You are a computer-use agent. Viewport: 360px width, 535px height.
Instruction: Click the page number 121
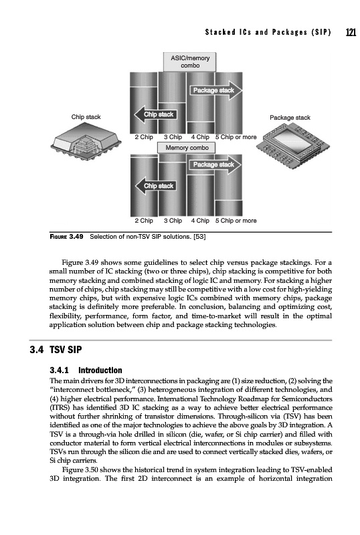pos(351,32)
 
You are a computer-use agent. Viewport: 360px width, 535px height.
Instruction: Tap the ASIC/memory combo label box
pos(189,62)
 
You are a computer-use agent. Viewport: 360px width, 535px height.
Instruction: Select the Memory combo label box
pos(187,148)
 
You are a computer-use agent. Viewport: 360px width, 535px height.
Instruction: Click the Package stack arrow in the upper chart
pos(215,90)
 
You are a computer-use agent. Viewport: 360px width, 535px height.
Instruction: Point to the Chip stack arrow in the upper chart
pos(155,114)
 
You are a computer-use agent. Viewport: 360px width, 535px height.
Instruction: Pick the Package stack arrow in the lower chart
pos(215,165)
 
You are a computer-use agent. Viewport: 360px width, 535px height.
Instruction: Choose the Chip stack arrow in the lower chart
pos(156,186)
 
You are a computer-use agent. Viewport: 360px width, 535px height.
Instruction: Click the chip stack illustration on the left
pos(86,141)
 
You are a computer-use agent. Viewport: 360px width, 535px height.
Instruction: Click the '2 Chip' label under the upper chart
pos(144,137)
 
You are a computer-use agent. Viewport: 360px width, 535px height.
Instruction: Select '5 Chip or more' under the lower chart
pos(236,221)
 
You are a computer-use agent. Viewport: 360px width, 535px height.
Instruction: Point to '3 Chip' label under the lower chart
pos(173,221)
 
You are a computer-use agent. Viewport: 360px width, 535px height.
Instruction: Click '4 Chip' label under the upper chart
pos(200,137)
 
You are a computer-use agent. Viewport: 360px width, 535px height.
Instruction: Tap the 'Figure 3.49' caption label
pos(67,237)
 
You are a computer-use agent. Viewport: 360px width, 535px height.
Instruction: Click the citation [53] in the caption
pos(199,237)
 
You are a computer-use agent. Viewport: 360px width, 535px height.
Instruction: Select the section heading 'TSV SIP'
pos(66,350)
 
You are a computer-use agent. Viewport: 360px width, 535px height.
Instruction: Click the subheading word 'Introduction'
pos(100,370)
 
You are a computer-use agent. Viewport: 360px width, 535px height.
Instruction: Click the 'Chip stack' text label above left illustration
pos(86,117)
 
